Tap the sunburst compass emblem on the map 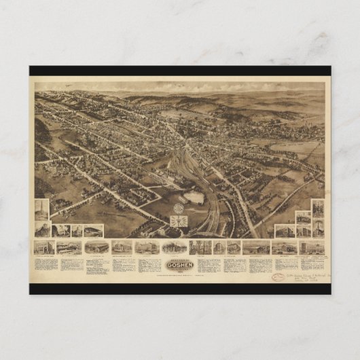pos(179,221)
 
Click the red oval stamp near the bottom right pos(279,276)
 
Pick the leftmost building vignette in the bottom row pos(45,248)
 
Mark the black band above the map pos(180,70)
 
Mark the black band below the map pos(180,289)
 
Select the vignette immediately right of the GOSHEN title pos(200,248)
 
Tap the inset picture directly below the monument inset pos(41,230)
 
